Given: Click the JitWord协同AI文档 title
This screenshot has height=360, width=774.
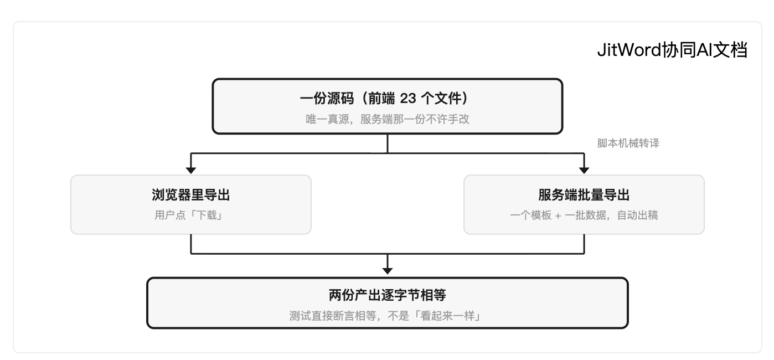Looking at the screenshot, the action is [672, 50].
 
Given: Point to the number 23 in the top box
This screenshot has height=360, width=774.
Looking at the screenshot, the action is [407, 99].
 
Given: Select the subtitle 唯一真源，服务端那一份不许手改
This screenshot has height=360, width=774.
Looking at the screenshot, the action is [388, 119].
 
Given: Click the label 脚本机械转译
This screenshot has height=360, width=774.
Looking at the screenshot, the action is [628, 143].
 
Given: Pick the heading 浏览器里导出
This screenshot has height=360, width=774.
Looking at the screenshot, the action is [191, 195].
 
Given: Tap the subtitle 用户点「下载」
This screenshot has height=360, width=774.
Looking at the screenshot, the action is [189, 215].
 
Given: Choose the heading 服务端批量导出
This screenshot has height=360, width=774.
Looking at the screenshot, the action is [584, 195].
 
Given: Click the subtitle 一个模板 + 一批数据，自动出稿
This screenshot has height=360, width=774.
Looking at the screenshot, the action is [584, 215].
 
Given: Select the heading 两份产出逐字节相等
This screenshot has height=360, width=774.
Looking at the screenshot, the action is [388, 295].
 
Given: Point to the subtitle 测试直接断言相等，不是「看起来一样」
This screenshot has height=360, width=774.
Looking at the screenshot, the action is [385, 316].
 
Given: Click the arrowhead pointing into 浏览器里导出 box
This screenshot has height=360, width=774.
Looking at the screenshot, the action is [191, 170].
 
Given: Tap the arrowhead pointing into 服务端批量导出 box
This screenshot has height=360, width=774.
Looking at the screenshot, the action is [584, 170].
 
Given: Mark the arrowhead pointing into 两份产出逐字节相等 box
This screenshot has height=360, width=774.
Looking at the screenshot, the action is [388, 271].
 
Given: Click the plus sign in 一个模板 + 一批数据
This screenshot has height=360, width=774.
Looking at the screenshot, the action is [558, 216].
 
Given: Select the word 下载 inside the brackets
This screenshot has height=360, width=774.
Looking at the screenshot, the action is [207, 215].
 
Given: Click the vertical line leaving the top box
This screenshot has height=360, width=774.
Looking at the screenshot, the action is [388, 143].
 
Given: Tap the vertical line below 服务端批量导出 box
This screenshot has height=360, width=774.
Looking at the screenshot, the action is [584, 244].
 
